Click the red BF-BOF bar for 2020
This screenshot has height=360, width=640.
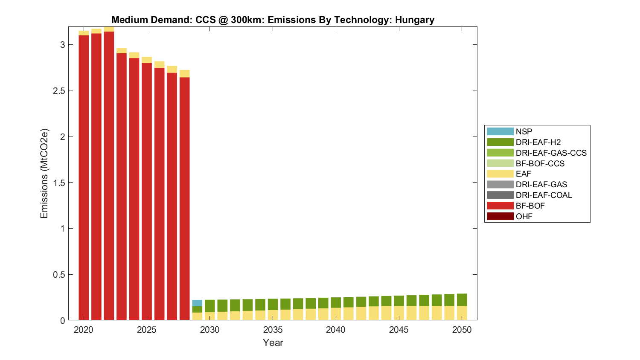coord(84,177)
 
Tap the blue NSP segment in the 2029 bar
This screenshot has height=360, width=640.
coord(197,303)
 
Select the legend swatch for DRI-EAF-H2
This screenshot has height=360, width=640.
coord(500,142)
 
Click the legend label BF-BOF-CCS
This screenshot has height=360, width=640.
coord(540,163)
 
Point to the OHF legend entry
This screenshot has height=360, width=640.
coord(524,216)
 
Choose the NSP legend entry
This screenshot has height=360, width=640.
coord(524,131)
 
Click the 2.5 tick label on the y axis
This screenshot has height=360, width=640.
coord(57,90)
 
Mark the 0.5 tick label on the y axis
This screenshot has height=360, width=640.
coord(57,274)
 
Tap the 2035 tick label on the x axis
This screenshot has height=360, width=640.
coord(273,330)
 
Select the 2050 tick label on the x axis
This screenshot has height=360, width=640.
coord(462,330)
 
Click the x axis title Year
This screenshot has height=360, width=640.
coord(273,343)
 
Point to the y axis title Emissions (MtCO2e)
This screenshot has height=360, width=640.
coord(44,173)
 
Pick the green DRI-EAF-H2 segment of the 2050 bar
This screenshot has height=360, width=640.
coord(462,300)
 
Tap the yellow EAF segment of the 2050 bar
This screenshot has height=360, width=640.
coord(462,313)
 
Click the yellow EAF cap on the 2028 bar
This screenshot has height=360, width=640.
coord(184,73)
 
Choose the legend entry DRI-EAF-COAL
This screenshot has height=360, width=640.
coord(544,195)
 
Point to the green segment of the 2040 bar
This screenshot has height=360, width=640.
coord(336,302)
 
